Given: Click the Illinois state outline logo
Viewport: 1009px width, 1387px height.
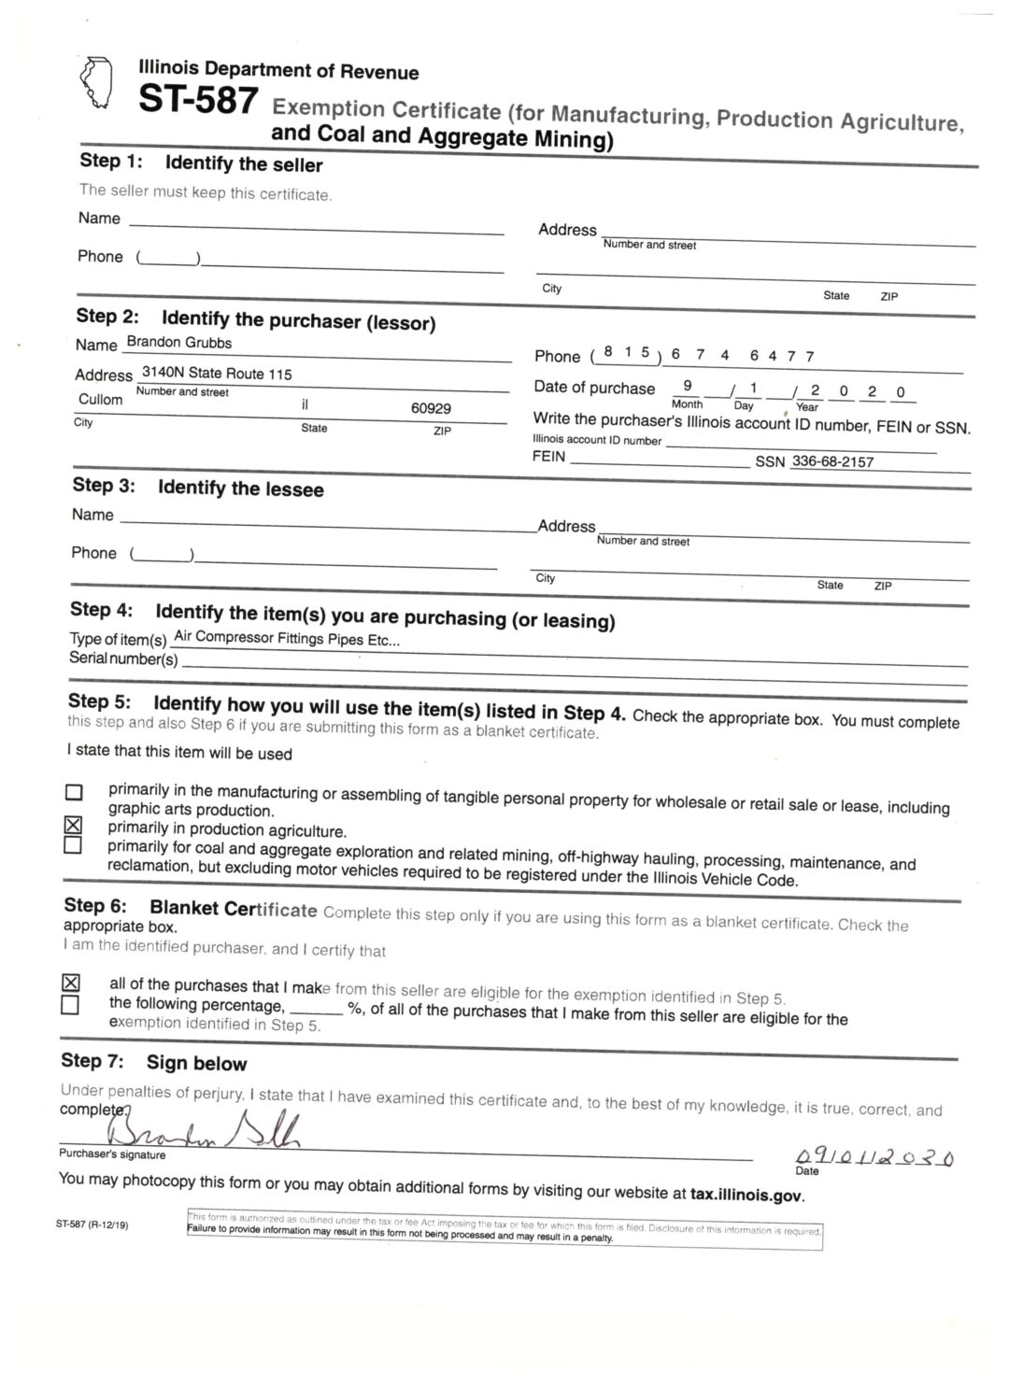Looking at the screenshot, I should (x=97, y=83).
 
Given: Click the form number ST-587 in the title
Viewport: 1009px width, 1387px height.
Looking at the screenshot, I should (x=197, y=100).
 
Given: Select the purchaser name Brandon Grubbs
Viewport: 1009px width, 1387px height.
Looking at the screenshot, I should (x=178, y=343).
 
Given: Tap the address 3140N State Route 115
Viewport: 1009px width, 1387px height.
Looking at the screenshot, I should (x=216, y=374).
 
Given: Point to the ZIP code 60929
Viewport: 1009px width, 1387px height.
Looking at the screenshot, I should (x=431, y=408).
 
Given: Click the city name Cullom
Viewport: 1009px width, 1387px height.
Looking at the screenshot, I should (x=100, y=399).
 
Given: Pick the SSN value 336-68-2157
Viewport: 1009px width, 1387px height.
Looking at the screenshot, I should (x=831, y=461).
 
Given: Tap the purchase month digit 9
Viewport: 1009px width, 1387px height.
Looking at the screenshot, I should (x=688, y=384).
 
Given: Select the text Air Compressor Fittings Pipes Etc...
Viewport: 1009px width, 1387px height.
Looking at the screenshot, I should (x=287, y=640).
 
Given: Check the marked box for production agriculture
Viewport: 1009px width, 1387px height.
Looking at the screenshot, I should (x=73, y=826).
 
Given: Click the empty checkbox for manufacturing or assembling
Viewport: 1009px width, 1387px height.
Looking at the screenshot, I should (x=73, y=792).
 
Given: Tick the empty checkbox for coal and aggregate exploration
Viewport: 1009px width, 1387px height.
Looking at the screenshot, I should (x=72, y=845).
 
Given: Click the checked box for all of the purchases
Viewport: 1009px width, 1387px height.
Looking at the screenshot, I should (x=70, y=983).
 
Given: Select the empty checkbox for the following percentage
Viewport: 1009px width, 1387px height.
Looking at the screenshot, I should (x=69, y=1005).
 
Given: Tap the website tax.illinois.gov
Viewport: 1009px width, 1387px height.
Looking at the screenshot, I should (x=746, y=1194).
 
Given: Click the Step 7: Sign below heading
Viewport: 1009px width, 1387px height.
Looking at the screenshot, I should (x=154, y=1062).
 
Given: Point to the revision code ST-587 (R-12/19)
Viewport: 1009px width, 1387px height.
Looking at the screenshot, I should (x=92, y=1224).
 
